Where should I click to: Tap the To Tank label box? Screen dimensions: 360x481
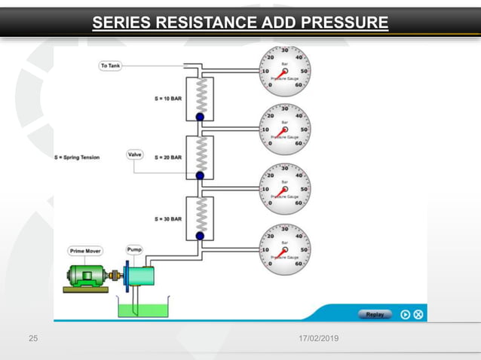[110, 66]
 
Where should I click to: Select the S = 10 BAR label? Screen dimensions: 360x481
[168, 99]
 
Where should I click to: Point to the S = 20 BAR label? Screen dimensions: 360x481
[168, 157]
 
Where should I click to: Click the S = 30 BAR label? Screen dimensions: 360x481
[168, 218]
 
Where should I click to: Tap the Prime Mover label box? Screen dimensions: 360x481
[85, 251]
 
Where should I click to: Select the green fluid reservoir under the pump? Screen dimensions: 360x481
[143, 307]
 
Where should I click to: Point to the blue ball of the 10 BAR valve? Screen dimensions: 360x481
[200, 117]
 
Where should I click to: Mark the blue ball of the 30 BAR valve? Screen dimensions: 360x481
[200, 236]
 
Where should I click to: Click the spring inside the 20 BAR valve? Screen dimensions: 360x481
[200, 154]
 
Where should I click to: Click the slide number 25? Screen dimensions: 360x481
[32, 340]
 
